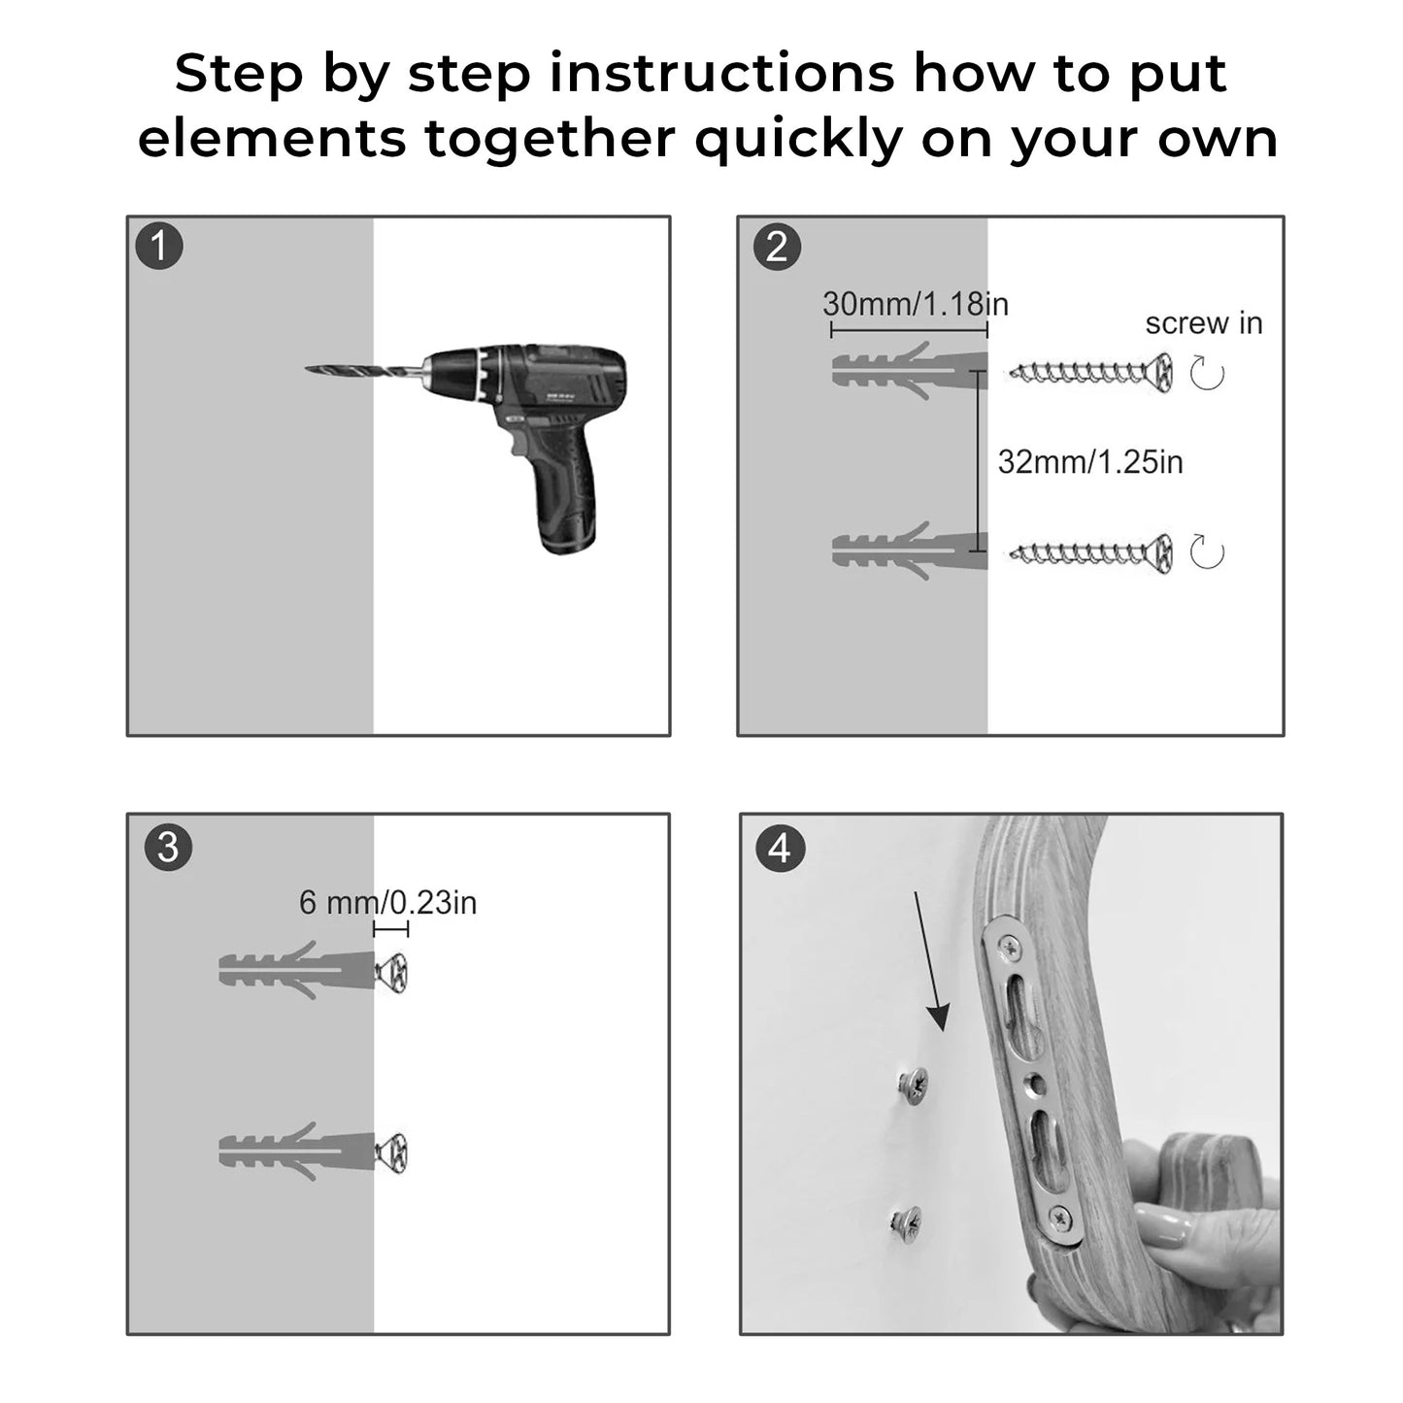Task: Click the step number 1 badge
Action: click(x=158, y=246)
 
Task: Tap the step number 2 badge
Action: click(x=776, y=247)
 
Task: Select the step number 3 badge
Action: click(x=168, y=848)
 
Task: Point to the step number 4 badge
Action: click(x=781, y=849)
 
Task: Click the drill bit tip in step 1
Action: click(x=307, y=369)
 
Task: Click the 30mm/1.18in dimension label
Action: click(x=916, y=304)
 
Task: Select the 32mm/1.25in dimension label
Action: click(x=1090, y=462)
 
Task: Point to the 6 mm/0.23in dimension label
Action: click(x=388, y=903)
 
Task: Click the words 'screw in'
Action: click(x=1204, y=323)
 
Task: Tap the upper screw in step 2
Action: click(x=1091, y=374)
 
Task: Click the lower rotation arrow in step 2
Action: click(x=1207, y=552)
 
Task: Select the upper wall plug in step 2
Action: click(x=910, y=371)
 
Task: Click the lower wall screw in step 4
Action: click(x=907, y=1221)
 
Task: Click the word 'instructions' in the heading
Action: click(x=720, y=74)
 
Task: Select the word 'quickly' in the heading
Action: click(x=798, y=139)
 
